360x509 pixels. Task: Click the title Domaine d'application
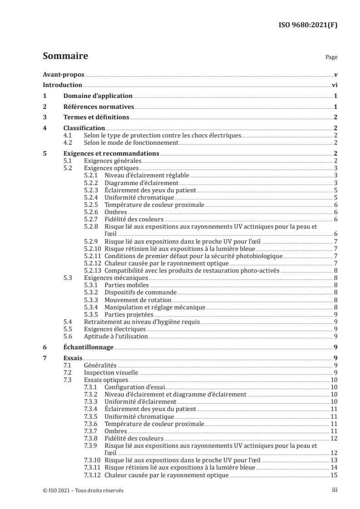click(x=98, y=96)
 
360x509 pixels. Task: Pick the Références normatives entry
click(x=99, y=107)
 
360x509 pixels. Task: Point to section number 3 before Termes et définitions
click(x=44, y=117)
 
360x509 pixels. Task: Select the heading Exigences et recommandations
click(x=111, y=153)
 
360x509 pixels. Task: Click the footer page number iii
click(x=334, y=490)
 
